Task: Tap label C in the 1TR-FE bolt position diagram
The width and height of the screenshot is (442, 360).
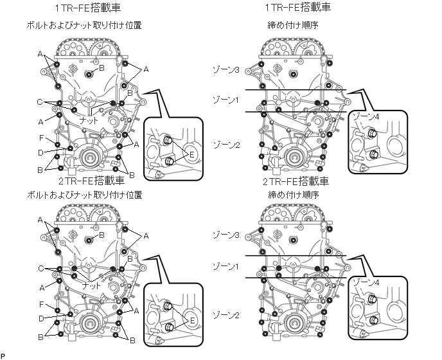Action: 40,102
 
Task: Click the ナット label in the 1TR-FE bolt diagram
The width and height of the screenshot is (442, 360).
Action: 89,120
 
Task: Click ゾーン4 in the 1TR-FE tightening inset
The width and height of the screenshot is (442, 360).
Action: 367,116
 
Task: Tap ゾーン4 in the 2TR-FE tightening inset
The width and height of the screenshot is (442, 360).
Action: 367,283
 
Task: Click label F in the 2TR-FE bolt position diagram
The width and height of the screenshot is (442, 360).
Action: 40,303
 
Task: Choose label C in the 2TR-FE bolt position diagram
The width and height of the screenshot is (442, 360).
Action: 40,268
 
